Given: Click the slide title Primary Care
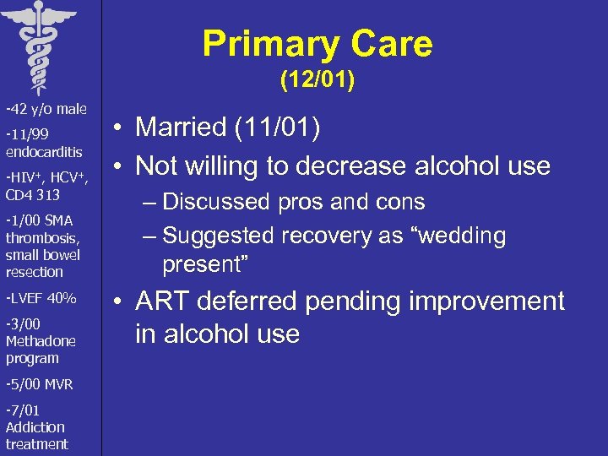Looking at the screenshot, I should (318, 44).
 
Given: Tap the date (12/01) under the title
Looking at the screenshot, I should (318, 81).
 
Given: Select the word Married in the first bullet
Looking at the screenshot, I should (182, 128).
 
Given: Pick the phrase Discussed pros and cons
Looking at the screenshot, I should (294, 203).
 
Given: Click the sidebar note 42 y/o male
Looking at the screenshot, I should (46, 109).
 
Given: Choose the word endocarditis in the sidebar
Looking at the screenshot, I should (44, 152).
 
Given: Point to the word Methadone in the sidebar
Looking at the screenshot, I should (41, 341).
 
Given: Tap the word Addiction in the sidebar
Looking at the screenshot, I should (35, 427).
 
